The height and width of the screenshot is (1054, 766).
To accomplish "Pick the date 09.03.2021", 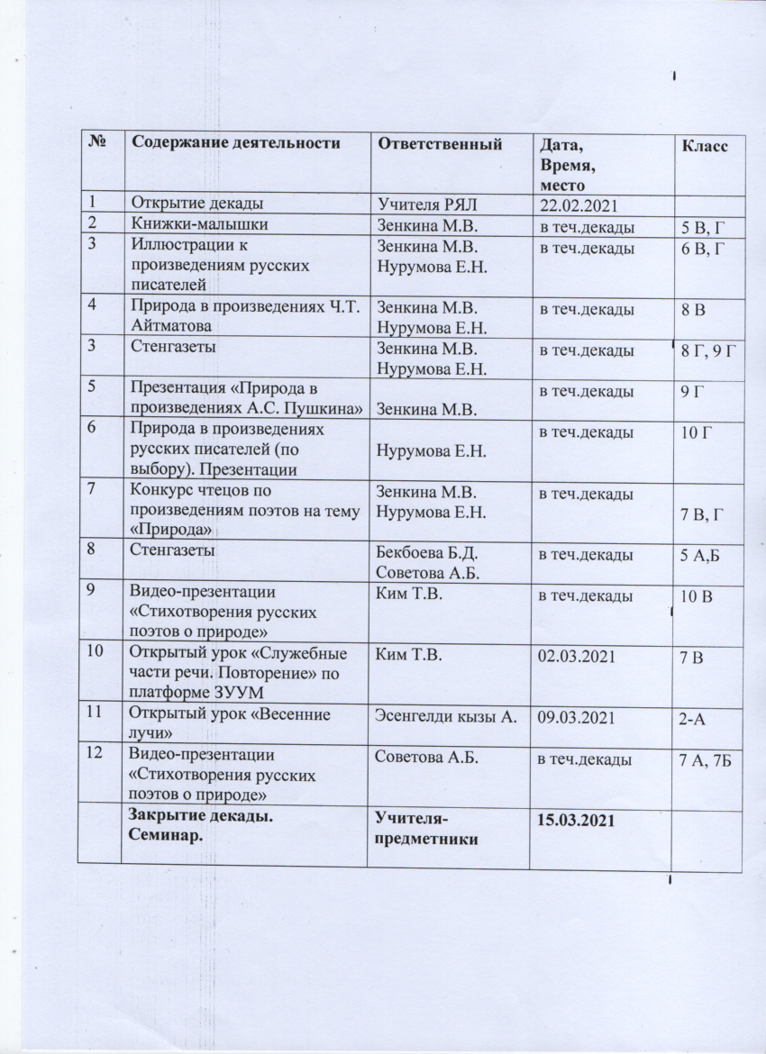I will tap(577, 717).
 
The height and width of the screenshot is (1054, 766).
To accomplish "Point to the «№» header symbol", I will tap(94, 142).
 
